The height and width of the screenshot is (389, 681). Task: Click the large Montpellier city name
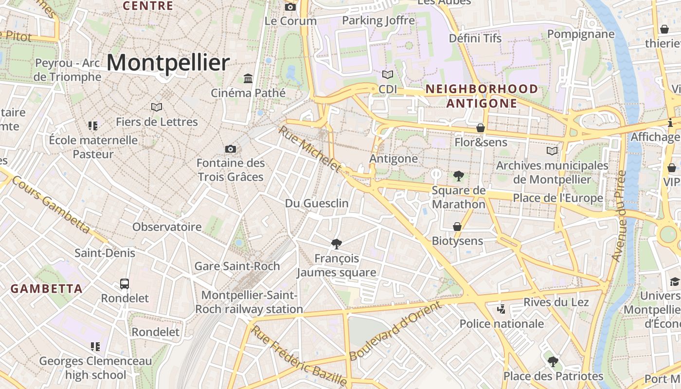(x=168, y=63)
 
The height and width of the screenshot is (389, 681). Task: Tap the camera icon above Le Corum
(x=290, y=7)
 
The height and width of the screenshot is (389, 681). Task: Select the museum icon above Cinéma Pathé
(x=248, y=78)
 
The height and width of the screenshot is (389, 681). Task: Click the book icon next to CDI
(x=388, y=74)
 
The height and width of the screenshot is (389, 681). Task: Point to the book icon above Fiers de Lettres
(x=157, y=107)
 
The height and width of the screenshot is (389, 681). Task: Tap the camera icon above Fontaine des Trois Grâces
(x=231, y=149)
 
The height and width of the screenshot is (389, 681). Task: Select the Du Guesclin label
(x=317, y=203)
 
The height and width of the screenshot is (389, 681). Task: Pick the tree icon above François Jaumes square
(x=336, y=244)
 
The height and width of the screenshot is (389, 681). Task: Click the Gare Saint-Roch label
(x=237, y=266)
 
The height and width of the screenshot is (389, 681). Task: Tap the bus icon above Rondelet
(x=125, y=283)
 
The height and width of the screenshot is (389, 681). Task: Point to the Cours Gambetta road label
(x=51, y=204)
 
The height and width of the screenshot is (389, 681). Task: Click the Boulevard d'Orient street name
(x=395, y=331)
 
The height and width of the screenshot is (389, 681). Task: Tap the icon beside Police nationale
(x=501, y=309)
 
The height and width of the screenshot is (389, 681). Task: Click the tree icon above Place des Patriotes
(x=553, y=361)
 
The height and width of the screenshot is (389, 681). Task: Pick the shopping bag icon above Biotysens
(x=457, y=227)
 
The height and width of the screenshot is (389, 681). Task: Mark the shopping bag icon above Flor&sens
(x=481, y=128)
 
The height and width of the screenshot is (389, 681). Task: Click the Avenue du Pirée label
(x=618, y=216)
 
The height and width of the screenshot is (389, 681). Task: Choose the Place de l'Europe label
(x=558, y=198)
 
